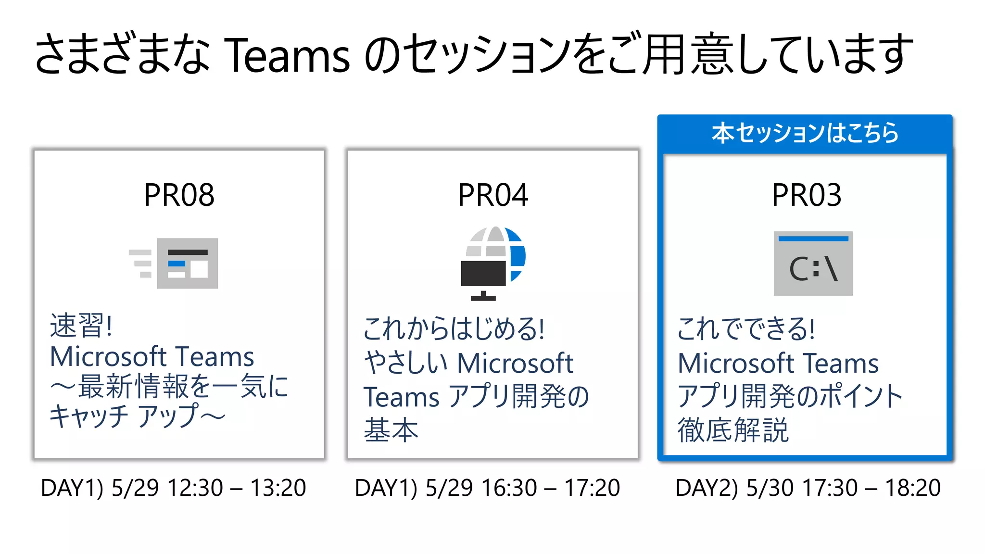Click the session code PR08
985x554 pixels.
pos(179,195)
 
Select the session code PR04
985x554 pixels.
pos(493,195)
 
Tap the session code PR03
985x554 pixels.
pos(807,195)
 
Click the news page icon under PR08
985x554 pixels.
pos(187,263)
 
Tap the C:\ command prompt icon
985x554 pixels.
pos(813,264)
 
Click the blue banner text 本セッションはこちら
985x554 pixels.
pos(805,133)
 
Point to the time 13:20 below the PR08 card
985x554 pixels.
pos(278,488)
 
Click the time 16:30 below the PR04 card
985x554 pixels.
pos(509,488)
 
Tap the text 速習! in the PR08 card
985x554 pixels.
pos(81,326)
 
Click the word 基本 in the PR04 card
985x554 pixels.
pos(391,430)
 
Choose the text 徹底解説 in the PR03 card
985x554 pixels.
pos(733,430)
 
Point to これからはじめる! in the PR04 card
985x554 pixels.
pos(454,329)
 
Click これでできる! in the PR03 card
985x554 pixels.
pos(746,329)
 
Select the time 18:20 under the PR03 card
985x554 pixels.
pos(913,488)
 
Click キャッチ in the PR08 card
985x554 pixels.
pos(89,416)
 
